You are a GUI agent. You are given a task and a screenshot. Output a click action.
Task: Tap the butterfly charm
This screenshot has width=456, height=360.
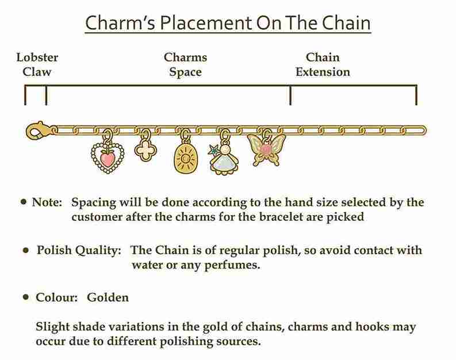pos(266,149)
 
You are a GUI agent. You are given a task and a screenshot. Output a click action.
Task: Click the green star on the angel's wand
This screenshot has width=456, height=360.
pos(213,150)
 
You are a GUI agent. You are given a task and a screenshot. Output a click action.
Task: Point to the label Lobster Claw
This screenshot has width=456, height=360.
pos(37,64)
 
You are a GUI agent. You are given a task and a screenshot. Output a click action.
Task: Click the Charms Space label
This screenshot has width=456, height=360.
pos(186,64)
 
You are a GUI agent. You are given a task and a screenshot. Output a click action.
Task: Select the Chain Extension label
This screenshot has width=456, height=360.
pos(323,64)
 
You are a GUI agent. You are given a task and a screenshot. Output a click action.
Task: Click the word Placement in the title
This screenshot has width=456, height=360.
pos(206,23)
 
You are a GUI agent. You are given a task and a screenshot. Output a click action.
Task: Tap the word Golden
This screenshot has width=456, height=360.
pos(108,297)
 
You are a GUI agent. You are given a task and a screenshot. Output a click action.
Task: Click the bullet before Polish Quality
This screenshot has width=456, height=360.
pos(26,250)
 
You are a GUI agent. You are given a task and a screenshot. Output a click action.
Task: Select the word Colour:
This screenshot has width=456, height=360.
pos(57,297)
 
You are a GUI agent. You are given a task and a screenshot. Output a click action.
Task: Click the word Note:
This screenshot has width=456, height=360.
pos(47,202)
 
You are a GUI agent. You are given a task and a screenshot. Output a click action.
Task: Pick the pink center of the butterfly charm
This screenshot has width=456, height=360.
pos(266,149)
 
